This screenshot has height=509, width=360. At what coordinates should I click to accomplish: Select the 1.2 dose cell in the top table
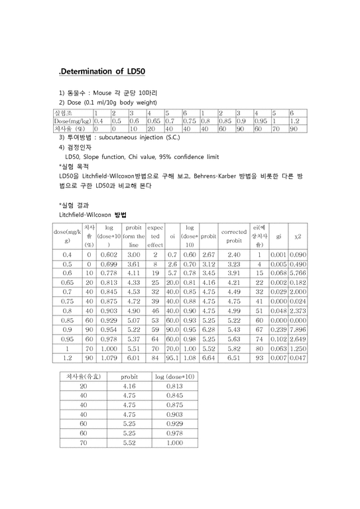tap(293, 121)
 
